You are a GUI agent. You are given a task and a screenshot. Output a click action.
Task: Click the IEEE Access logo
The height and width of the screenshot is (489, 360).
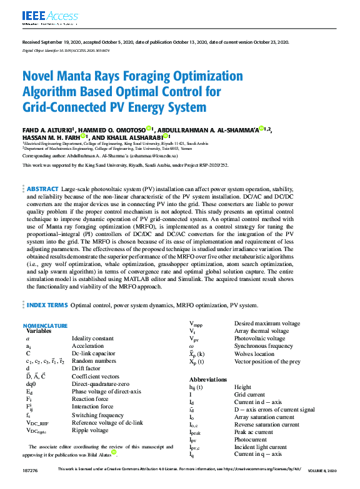point(42,17)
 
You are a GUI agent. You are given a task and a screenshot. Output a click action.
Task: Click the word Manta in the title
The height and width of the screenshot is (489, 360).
point(73,77)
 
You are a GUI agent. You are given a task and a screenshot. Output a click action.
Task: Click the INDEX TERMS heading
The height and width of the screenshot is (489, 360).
point(47,305)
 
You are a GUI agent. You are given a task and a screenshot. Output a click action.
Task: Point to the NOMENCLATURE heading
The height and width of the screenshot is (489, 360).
point(45,326)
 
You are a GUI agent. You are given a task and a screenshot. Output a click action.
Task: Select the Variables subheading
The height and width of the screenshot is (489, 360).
point(39,331)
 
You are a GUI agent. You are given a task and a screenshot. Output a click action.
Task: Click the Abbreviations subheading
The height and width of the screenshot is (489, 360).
point(208,380)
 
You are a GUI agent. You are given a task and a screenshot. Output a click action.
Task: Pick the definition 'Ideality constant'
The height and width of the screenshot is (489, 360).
point(92,338)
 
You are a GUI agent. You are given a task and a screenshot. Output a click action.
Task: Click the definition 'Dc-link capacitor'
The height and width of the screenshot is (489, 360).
point(94,353)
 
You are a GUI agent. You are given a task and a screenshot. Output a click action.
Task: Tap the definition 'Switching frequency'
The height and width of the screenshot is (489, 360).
point(97,415)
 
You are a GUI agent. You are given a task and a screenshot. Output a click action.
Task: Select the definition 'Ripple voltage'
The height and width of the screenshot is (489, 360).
point(91,430)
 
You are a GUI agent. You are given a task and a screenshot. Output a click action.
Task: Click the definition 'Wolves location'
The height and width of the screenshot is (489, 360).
point(255,353)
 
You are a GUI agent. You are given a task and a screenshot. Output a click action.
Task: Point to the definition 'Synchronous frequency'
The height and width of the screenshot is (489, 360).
point(263,346)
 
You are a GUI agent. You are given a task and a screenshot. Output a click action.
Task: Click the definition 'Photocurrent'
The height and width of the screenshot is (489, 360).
point(251,439)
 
